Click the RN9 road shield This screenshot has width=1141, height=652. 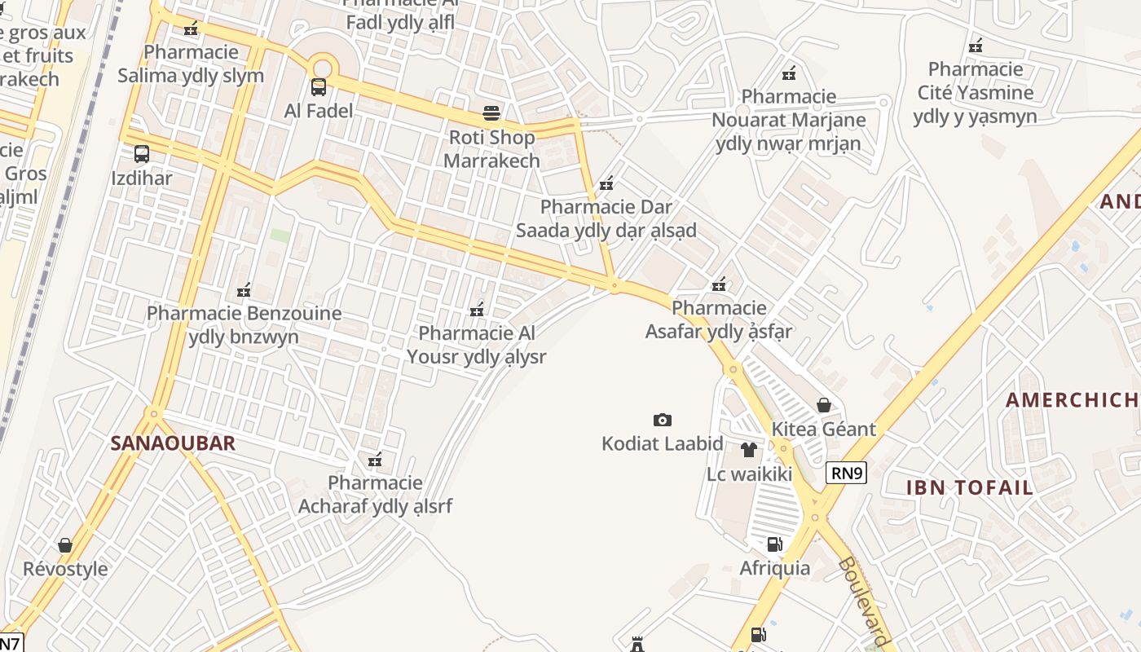pos(845,473)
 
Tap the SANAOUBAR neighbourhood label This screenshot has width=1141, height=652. pos(173,443)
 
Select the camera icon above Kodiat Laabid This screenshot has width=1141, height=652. pos(663,420)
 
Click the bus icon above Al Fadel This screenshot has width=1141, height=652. pos(319,86)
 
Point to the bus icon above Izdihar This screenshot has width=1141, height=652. pos(142,153)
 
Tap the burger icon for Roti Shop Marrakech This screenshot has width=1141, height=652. pos(491,112)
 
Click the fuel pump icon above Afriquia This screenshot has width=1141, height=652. pos(774,544)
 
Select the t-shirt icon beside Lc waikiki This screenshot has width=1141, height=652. pos(749,449)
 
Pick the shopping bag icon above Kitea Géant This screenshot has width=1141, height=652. pos(824,405)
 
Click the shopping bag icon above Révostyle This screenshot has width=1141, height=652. pos(65,544)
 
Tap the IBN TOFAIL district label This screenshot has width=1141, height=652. pos(970,488)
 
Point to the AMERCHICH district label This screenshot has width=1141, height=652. pos(1071,400)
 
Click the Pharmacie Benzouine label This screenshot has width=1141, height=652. pos(244,324)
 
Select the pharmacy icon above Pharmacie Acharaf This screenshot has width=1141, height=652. pos(375,460)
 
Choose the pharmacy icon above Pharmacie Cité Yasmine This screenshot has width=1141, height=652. pos(976,46)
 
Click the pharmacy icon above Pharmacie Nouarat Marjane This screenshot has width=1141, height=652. pos(789,73)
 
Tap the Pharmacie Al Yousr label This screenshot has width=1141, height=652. pos(477,345)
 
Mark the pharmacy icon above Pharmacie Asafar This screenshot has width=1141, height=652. pos(719,284)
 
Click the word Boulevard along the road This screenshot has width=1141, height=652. pos(861,601)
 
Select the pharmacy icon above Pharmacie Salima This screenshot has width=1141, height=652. pos(191,29)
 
